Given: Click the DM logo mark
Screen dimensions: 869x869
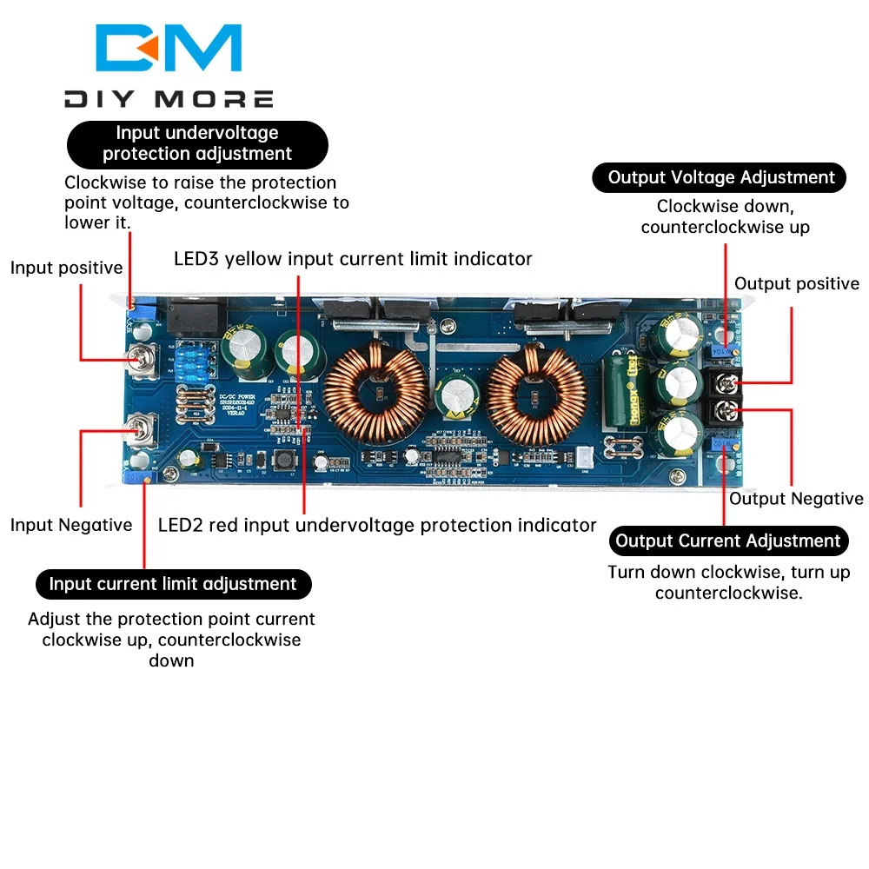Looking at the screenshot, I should coord(169,49).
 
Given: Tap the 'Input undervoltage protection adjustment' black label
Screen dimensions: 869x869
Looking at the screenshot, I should coord(197,144).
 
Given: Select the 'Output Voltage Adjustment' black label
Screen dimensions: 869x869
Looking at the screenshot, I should coord(720,177).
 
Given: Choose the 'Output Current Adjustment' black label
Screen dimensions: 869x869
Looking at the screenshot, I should coord(728,541).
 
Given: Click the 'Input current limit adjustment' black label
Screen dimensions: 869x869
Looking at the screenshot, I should coord(173,584).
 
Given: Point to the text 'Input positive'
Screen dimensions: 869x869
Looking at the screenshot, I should coord(67,268).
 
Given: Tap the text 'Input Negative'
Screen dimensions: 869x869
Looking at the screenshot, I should coord(71,525).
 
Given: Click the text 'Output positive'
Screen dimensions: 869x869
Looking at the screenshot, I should coord(796,284).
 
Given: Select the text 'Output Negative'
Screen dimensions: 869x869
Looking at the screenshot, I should coord(796,499).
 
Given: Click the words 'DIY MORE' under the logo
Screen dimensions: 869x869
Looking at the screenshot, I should coord(169,99).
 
